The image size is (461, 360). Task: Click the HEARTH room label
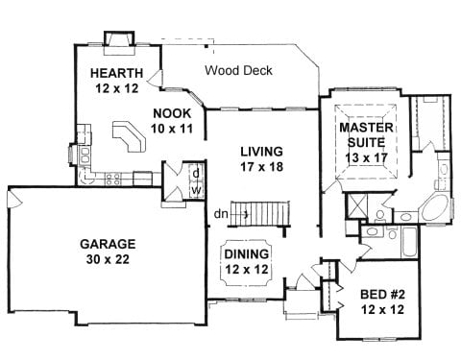point(116,73)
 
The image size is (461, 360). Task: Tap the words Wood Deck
point(238,70)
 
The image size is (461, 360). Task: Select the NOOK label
point(172,113)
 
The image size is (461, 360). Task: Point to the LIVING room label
point(262,151)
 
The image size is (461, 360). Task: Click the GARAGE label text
point(108,244)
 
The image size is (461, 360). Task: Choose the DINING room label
point(247,254)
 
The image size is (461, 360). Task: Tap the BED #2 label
point(382,294)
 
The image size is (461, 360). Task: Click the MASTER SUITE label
point(366,134)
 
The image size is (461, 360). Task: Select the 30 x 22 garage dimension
point(108,259)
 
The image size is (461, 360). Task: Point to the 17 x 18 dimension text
point(262,166)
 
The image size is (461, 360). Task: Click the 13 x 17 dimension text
point(366,157)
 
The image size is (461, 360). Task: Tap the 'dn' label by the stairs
point(221,214)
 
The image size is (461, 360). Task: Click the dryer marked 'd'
point(197,174)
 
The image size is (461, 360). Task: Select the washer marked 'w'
point(197,190)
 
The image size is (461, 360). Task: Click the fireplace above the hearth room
point(119,40)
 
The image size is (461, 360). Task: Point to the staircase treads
point(259,214)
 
